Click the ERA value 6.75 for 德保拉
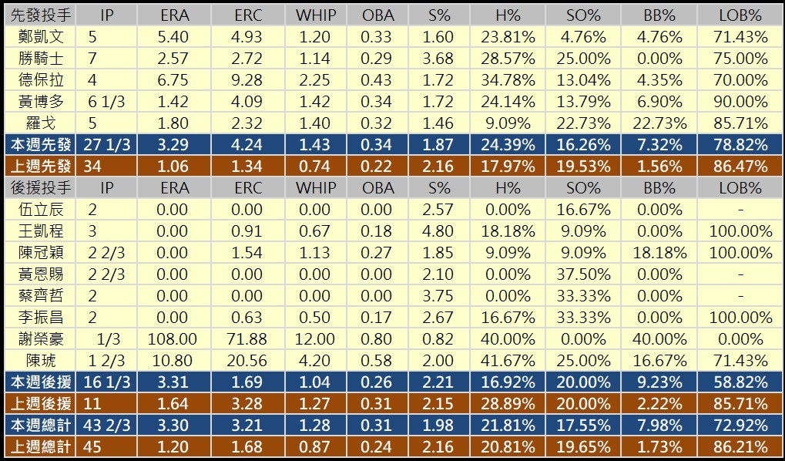pos(174,79)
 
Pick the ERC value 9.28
pos(248,79)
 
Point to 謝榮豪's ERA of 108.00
pos(174,338)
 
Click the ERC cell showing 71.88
pos(248,338)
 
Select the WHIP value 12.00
pos(315,338)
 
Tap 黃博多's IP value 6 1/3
pos(107,101)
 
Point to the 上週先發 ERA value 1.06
pos(174,166)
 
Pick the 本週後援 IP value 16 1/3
pos(107,382)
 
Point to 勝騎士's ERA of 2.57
pos(174,58)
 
